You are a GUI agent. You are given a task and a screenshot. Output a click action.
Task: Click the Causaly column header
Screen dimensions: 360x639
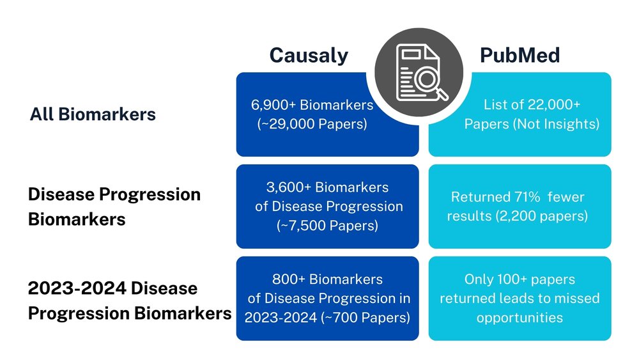309,56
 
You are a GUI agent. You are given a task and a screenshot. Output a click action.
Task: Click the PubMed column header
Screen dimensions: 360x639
520,56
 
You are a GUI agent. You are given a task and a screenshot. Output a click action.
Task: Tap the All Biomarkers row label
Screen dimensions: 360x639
93,114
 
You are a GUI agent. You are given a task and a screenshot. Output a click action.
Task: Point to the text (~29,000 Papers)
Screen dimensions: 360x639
312,124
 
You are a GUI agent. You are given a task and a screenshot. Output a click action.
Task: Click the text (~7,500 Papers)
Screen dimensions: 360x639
327,225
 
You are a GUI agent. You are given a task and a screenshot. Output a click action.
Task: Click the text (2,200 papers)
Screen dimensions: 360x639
544,216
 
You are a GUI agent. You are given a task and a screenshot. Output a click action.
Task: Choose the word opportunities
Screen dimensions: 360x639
520,317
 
